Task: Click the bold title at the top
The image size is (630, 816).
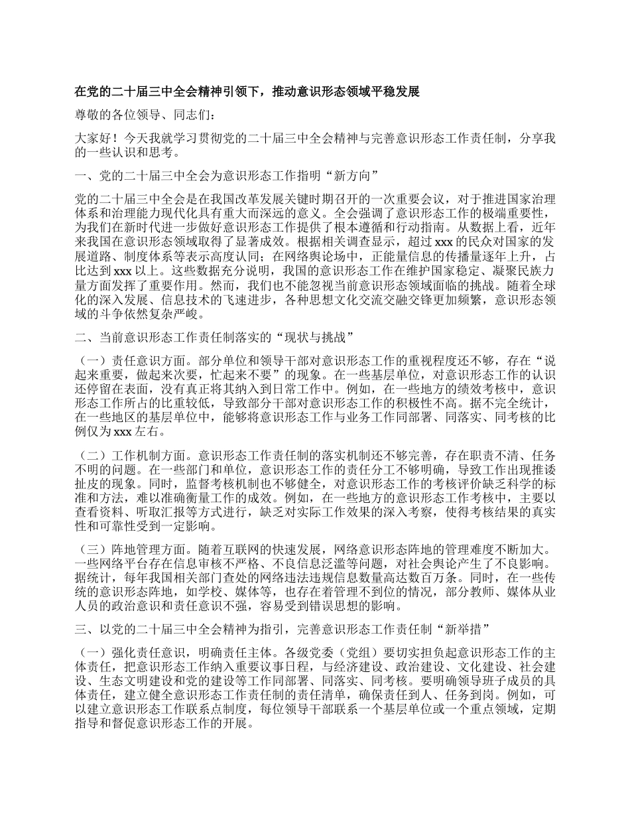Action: click(247, 92)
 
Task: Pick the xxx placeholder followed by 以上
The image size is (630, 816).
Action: click(123, 271)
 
